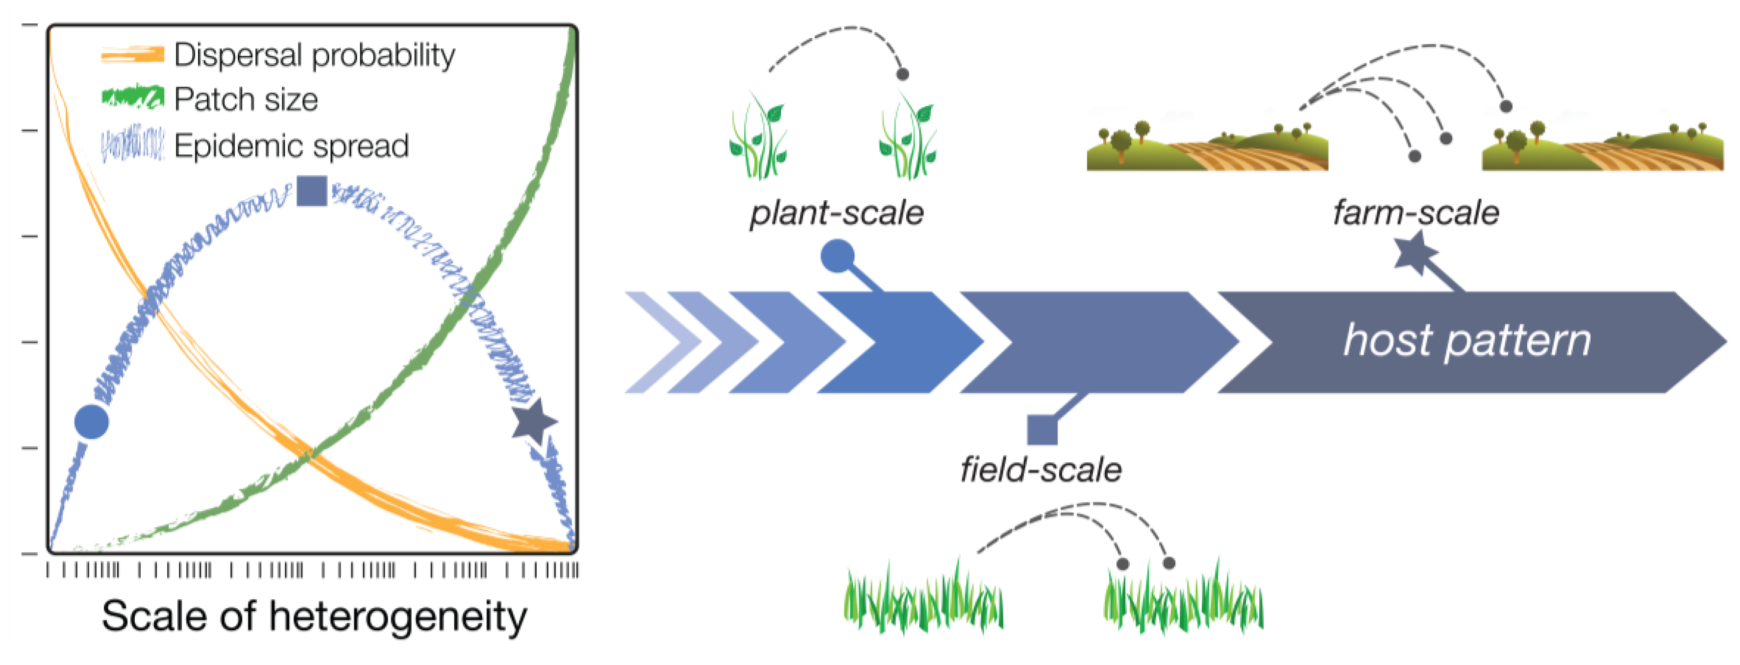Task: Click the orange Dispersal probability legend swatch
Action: click(x=132, y=55)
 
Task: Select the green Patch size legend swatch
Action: click(x=132, y=97)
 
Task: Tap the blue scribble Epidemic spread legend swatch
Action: click(x=132, y=144)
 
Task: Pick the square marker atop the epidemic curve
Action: click(x=312, y=191)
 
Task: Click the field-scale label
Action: click(x=1041, y=469)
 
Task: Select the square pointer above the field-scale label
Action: click(x=1042, y=430)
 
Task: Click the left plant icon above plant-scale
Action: click(x=758, y=139)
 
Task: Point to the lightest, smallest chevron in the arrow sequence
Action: click(x=659, y=342)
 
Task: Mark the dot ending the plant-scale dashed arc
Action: click(x=902, y=74)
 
